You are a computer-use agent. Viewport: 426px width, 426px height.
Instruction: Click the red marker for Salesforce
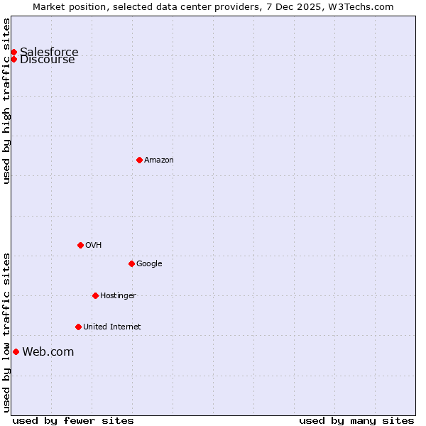point(13,52)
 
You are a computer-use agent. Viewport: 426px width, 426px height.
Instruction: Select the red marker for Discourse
point(13,59)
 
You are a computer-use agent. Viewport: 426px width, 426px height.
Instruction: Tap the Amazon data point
point(139,160)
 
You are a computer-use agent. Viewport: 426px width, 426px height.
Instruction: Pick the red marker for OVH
point(80,245)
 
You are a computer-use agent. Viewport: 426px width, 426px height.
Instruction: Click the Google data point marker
point(131,263)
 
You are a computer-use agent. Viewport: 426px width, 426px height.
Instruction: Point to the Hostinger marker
point(95,295)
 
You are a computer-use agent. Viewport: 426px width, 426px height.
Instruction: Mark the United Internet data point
point(78,327)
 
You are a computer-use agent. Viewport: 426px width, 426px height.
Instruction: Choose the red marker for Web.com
point(16,351)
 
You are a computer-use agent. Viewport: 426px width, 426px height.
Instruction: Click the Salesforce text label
point(49,52)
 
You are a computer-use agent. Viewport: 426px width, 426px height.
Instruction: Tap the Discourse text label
point(48,60)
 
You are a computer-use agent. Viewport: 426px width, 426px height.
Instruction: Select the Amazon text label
point(158,160)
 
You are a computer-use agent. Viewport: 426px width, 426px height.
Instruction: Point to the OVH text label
point(93,245)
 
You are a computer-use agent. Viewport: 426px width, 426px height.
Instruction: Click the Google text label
point(149,263)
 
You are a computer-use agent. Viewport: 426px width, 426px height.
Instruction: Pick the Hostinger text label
point(118,295)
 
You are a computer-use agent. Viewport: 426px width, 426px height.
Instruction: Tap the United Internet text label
point(111,327)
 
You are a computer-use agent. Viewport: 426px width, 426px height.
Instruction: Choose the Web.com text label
point(48,351)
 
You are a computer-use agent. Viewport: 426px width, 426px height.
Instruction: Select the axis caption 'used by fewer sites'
point(73,420)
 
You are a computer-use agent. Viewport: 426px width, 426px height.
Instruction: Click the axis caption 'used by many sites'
point(356,420)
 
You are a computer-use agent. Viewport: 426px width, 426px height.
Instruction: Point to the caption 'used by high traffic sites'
point(6,101)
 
